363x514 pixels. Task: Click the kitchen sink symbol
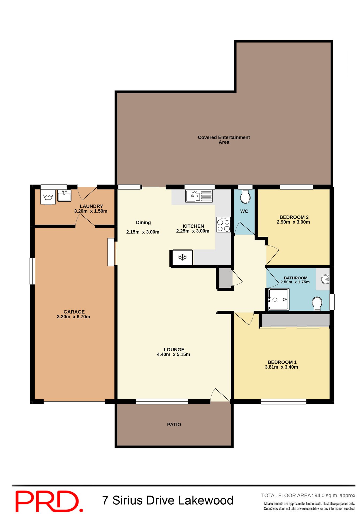pos(199,196)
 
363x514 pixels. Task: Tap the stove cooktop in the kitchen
pos(224,225)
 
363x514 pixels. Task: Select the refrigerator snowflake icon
pos(182,258)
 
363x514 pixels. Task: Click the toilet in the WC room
pos(245,197)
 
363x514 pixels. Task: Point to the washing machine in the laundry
pos(48,197)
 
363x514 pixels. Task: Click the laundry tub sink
pos(64,196)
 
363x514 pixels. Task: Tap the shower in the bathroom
pos(278,299)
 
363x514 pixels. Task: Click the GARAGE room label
pos(74,312)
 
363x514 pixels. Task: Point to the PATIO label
pos(174,425)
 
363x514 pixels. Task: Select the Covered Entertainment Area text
pos(224,140)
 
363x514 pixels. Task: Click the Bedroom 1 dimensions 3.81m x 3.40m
pos(281,367)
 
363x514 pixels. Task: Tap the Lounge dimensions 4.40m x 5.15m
pos(173,354)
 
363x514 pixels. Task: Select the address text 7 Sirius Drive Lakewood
pos(168,500)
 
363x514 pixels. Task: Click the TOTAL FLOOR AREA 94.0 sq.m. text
pos(309,496)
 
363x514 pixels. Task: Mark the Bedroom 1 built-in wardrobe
pos(296,320)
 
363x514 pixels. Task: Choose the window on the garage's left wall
pos(32,271)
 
